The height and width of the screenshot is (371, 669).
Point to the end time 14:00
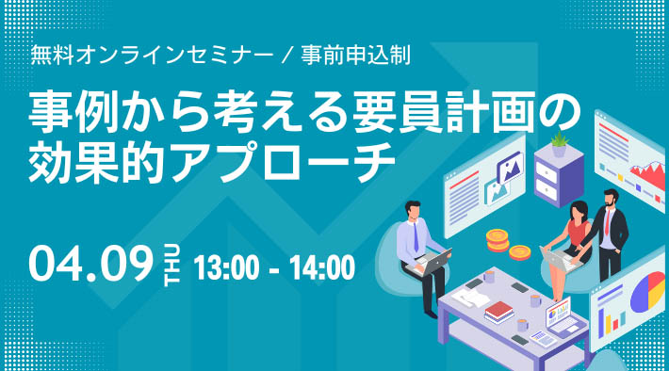[318, 268]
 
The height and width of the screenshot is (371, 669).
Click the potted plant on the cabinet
[560, 142]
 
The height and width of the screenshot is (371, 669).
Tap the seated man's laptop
[434, 262]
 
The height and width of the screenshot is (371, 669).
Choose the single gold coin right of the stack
[519, 251]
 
